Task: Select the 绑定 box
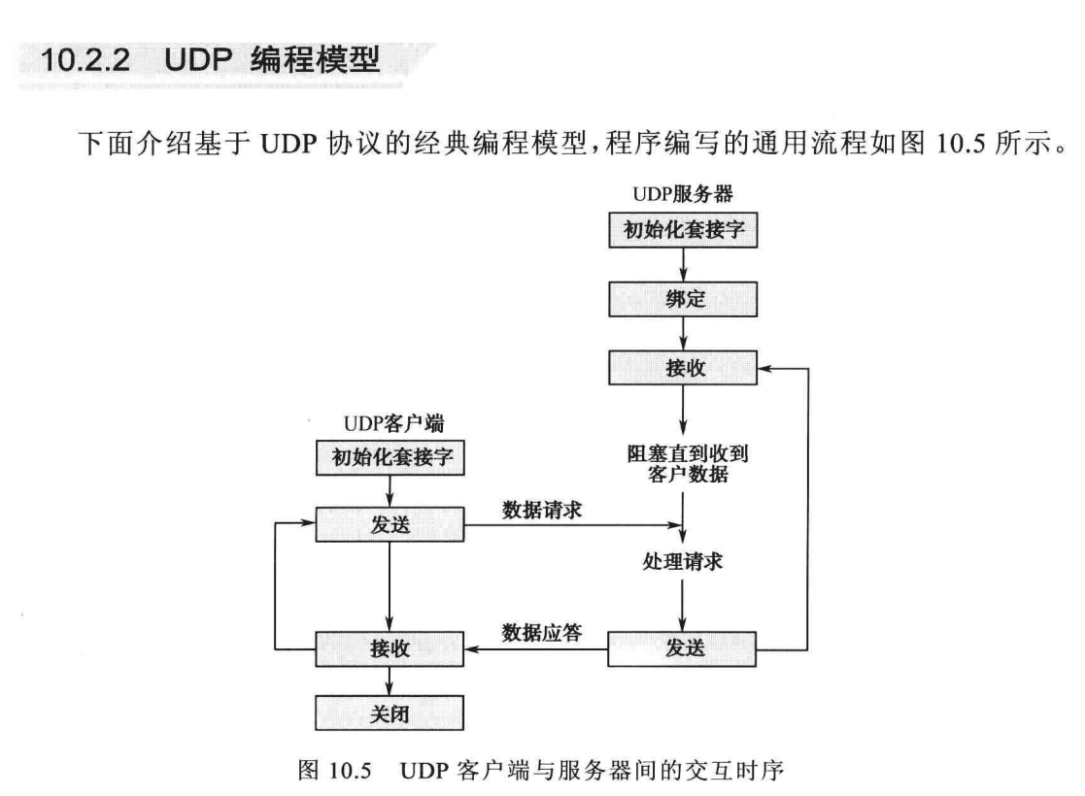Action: click(682, 301)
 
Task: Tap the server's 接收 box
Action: click(682, 369)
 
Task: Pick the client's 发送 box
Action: click(390, 526)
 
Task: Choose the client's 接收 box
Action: click(390, 649)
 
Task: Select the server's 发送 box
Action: click(682, 649)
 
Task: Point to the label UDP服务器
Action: click(682, 193)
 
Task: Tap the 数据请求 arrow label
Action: click(542, 510)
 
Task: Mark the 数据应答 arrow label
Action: click(542, 633)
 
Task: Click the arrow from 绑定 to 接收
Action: click(682, 335)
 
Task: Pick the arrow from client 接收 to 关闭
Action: click(390, 681)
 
